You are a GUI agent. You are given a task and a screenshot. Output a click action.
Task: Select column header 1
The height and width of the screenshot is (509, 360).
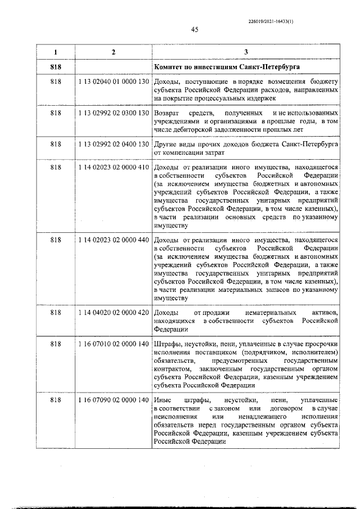(55, 52)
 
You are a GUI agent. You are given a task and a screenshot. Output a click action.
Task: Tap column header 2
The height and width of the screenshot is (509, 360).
(114, 52)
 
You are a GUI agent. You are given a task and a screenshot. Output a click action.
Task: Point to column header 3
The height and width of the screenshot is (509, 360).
(246, 52)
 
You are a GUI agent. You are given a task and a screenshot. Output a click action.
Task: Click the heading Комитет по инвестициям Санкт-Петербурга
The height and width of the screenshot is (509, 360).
(227, 67)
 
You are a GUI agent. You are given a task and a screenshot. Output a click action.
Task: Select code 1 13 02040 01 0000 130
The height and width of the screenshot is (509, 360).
(114, 82)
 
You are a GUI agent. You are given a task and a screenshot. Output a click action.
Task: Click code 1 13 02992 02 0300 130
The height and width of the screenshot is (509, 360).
(114, 114)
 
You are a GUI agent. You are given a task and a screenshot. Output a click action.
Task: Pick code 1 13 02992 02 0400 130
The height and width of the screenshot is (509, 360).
(114, 145)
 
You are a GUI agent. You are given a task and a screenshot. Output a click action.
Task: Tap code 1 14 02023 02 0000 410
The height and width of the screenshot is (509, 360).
(114, 168)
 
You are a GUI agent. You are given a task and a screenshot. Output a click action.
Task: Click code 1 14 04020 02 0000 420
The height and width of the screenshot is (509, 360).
(114, 312)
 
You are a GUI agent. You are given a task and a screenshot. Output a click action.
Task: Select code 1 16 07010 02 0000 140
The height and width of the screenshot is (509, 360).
(114, 344)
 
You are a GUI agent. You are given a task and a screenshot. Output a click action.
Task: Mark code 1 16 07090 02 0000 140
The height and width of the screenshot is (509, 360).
(114, 400)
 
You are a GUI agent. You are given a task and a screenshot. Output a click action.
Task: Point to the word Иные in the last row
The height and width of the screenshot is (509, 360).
(162, 400)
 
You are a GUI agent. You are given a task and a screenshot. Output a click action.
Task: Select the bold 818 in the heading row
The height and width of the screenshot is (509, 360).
(55, 67)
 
